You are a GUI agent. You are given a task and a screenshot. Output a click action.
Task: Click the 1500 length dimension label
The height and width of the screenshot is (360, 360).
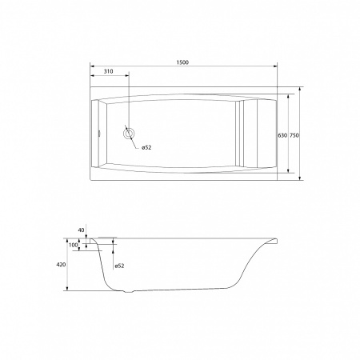coord(182,62)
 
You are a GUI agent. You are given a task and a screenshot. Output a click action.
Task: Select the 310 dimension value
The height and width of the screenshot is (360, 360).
coord(108,71)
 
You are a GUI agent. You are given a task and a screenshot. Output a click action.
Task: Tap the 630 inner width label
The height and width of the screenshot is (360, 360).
coord(282,135)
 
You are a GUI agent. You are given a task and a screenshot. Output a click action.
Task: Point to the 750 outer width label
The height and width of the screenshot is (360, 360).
coord(294,135)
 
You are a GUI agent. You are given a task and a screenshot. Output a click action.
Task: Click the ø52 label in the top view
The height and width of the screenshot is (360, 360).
coord(146,147)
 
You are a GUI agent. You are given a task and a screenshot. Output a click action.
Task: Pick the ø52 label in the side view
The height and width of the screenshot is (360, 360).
coord(119,266)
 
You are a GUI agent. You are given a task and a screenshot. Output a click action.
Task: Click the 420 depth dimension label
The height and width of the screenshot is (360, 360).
coord(61,265)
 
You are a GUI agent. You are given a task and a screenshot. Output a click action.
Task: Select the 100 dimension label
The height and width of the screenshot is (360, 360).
coord(73,245)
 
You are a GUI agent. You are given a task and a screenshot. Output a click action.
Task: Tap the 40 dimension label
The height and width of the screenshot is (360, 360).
coord(81,230)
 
